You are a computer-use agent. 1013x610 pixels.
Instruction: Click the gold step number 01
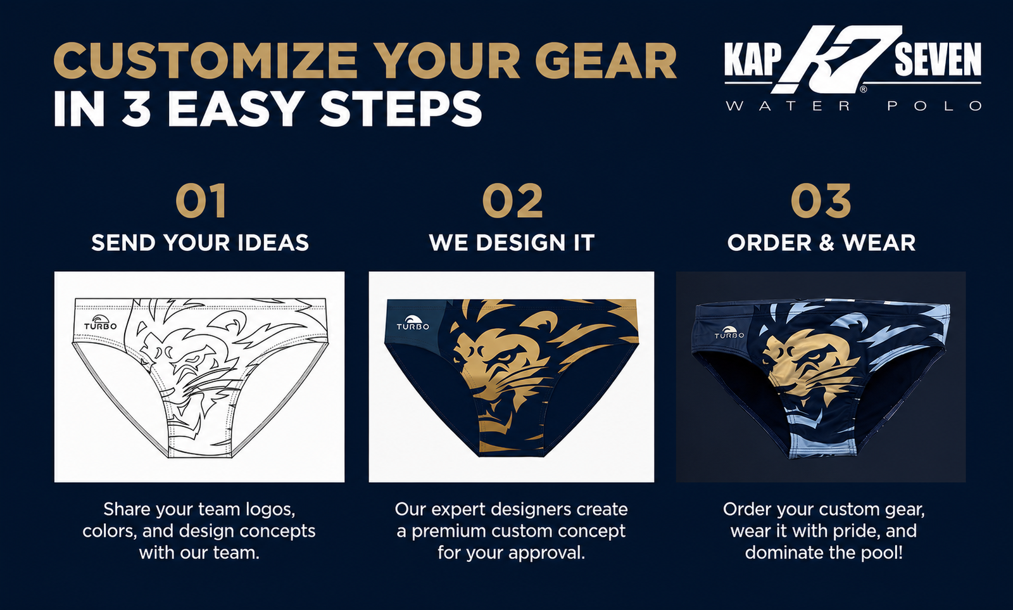pyautogui.click(x=200, y=201)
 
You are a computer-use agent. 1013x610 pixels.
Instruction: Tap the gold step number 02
pyautogui.click(x=512, y=201)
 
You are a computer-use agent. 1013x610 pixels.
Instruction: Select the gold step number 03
pyautogui.click(x=821, y=201)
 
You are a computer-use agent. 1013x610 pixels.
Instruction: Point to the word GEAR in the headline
pyautogui.click(x=606, y=61)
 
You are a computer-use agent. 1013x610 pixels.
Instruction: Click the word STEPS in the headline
pyautogui.click(x=401, y=109)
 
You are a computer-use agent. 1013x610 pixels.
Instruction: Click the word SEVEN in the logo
pyautogui.click(x=938, y=60)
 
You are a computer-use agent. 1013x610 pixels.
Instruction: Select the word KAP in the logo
pyautogui.click(x=753, y=60)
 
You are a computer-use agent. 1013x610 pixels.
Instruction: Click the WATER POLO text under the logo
pyautogui.click(x=853, y=106)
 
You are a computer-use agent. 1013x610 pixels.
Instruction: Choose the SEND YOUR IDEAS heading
pyautogui.click(x=200, y=243)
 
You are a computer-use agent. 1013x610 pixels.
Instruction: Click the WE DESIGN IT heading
pyautogui.click(x=512, y=243)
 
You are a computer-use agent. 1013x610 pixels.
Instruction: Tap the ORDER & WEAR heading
pyautogui.click(x=821, y=243)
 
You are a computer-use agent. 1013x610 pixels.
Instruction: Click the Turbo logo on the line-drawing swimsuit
pyautogui.click(x=101, y=322)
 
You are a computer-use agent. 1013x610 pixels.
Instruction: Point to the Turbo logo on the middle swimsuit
pyautogui.click(x=413, y=322)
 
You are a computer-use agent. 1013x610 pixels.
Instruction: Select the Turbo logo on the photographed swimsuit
pyautogui.click(x=729, y=333)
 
